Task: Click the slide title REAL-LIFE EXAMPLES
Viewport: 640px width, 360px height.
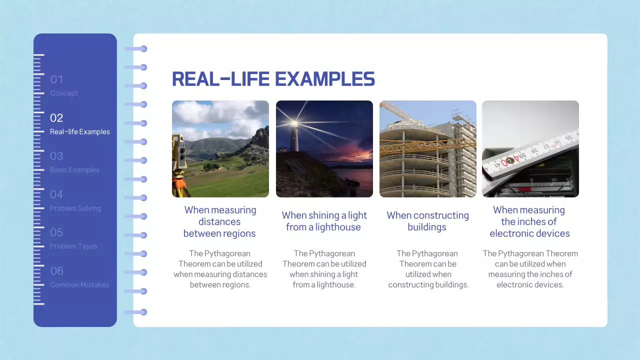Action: [273, 79]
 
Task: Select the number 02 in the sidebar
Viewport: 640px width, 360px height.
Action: [56, 118]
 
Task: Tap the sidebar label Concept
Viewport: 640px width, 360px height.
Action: [64, 93]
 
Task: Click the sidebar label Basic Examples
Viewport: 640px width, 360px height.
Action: [74, 170]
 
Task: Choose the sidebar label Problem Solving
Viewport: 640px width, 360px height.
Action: [75, 208]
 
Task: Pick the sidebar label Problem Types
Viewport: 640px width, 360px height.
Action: [73, 246]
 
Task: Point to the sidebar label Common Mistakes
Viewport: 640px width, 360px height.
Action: [79, 285]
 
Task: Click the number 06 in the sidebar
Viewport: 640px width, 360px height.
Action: [57, 271]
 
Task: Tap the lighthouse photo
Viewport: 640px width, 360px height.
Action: [324, 149]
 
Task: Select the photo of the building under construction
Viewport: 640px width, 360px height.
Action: [427, 149]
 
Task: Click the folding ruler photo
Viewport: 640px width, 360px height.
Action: [530, 149]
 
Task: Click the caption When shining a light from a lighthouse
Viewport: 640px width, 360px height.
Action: [324, 221]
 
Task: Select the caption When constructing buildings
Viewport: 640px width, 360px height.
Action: [427, 221]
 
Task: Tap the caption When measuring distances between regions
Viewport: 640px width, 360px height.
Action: [220, 221]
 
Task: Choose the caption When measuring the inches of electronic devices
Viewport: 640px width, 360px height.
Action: [529, 221]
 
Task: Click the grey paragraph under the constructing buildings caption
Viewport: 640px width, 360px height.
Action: [428, 269]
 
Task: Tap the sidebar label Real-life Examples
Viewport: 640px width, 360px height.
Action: [79, 132]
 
